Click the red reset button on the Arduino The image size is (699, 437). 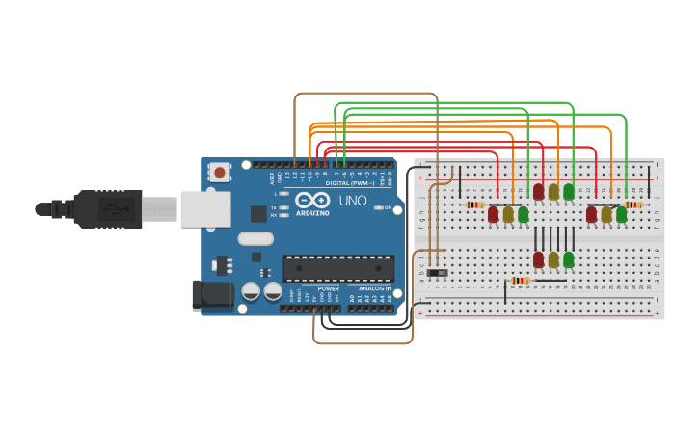click(x=220, y=173)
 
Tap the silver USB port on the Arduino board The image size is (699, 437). click(x=205, y=208)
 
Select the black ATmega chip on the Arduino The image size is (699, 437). click(x=337, y=268)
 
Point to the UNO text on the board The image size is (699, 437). click(x=352, y=201)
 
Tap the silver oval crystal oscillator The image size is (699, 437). click(x=255, y=238)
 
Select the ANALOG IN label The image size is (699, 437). click(x=374, y=287)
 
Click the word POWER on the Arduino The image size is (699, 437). click(x=328, y=287)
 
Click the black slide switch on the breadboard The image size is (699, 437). click(x=438, y=274)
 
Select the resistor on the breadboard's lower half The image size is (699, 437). click(x=521, y=281)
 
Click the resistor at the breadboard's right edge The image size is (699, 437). click(x=633, y=205)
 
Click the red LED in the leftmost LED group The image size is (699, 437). click(x=494, y=214)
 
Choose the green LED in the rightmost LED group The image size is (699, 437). click(x=622, y=214)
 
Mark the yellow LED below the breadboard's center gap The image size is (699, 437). click(x=553, y=259)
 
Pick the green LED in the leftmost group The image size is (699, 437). click(x=524, y=214)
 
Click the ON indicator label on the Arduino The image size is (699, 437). click(x=389, y=207)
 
